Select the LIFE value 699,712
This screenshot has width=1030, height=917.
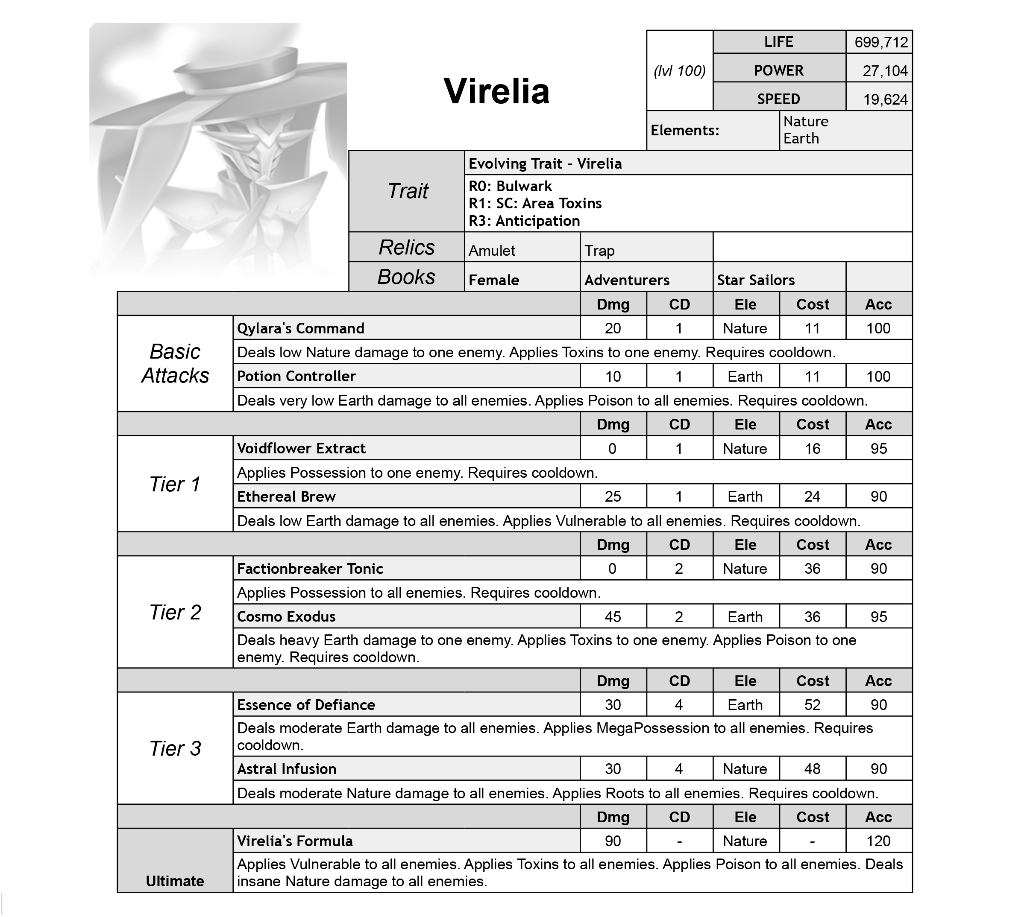click(881, 42)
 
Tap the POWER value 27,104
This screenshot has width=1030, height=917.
click(885, 71)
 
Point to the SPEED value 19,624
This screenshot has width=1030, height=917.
click(885, 100)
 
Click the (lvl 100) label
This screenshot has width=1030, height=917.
click(679, 71)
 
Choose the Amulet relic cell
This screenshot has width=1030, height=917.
click(492, 251)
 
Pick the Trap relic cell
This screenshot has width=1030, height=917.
click(599, 251)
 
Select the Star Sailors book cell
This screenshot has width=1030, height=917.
click(755, 280)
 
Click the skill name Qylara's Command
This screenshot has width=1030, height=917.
click(300, 329)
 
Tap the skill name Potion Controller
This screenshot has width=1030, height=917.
click(296, 377)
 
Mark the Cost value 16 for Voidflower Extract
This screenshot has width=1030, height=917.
click(812, 448)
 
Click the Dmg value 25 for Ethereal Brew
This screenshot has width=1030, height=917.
click(613, 497)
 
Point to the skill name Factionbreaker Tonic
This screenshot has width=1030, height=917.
click(310, 569)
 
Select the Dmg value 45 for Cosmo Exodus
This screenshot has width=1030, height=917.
click(613, 617)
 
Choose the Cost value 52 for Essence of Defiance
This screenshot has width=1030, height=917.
click(812, 705)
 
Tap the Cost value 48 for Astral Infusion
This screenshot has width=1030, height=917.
click(812, 769)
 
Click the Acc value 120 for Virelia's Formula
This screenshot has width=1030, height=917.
click(878, 841)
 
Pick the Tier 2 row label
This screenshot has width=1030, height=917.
click(175, 612)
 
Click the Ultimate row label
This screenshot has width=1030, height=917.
click(175, 881)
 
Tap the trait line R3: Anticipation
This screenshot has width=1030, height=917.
click(524, 221)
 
